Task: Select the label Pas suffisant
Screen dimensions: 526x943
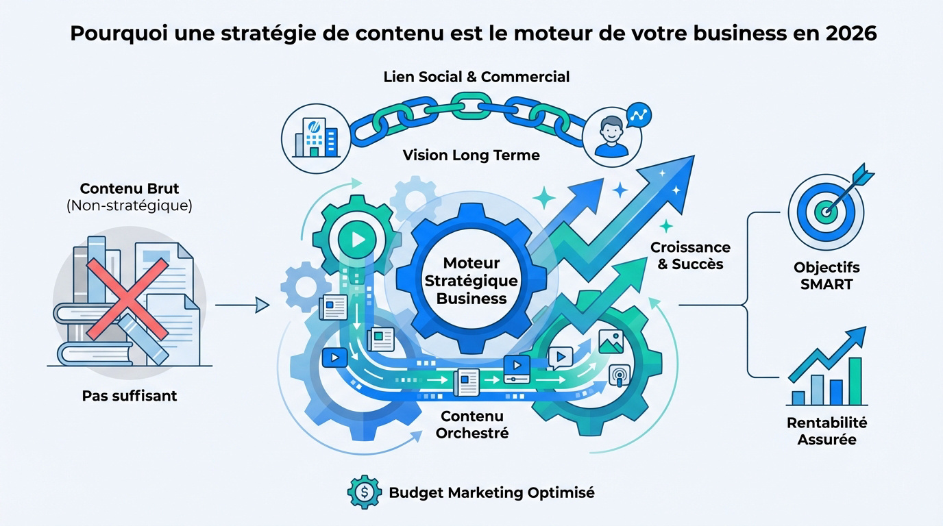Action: pyautogui.click(x=130, y=396)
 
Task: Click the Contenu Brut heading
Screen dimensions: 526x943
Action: pyautogui.click(x=129, y=188)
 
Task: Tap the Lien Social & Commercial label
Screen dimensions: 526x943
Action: pyautogui.click(x=476, y=77)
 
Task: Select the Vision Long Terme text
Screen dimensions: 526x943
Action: pyautogui.click(x=471, y=155)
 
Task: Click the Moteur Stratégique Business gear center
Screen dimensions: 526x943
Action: pyautogui.click(x=472, y=280)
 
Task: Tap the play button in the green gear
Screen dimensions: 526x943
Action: pyautogui.click(x=355, y=240)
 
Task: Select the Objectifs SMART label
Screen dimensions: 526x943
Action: pyautogui.click(x=826, y=275)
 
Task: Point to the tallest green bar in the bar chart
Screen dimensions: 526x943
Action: pyautogui.click(x=854, y=381)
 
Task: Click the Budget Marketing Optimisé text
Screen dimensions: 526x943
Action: pyautogui.click(x=491, y=492)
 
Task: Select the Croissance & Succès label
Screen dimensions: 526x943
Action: pyautogui.click(x=690, y=255)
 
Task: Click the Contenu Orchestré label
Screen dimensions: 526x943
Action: pyautogui.click(x=472, y=425)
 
